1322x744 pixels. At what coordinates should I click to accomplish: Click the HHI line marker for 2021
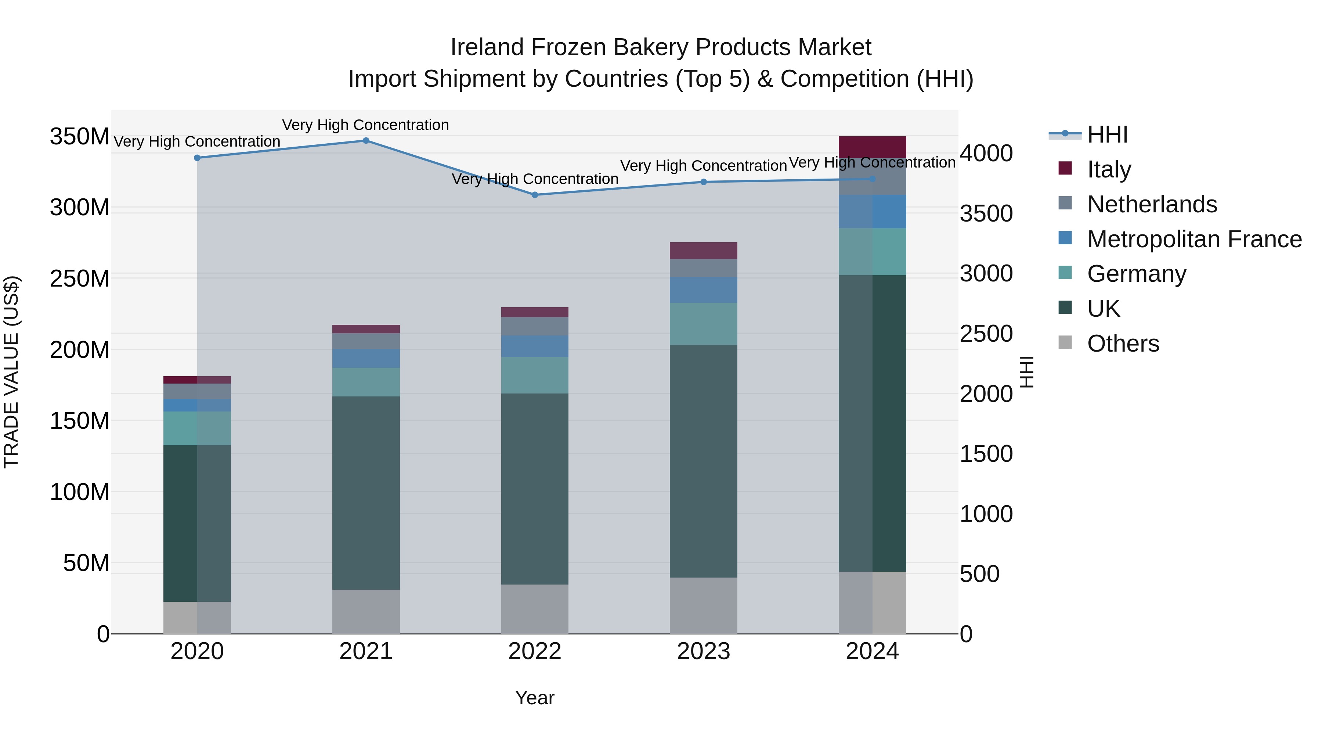coord(366,141)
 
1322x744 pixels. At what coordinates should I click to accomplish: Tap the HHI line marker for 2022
coord(535,195)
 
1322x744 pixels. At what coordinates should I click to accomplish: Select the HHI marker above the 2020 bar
coord(197,158)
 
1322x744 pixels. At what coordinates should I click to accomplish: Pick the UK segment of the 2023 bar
coord(703,461)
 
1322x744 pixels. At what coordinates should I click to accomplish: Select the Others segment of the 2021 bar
coord(366,611)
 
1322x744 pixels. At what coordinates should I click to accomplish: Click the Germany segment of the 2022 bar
coord(535,375)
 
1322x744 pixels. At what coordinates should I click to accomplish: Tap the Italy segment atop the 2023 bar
coord(703,251)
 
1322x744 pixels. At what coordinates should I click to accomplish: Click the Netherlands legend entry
coord(1152,204)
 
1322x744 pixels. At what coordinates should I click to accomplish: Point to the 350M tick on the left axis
coord(80,137)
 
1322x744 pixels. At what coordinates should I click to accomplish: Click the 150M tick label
coord(80,421)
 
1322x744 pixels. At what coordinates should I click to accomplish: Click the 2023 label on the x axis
coord(703,651)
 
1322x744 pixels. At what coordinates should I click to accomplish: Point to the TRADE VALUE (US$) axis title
coord(11,372)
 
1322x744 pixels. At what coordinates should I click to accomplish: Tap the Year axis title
coord(535,698)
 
